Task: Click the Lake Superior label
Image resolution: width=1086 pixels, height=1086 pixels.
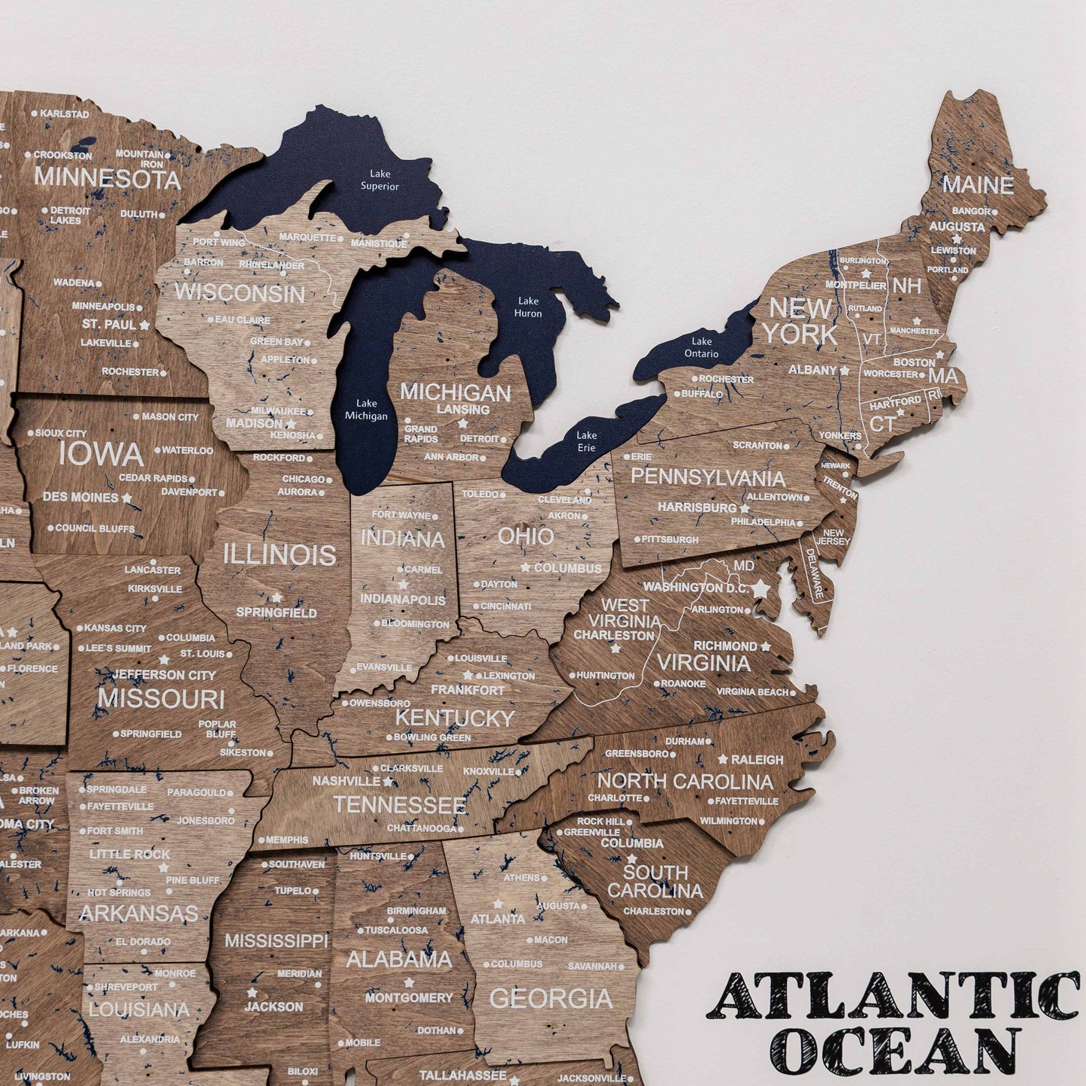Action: tap(380, 180)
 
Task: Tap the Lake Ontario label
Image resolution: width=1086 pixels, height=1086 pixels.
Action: tap(701, 347)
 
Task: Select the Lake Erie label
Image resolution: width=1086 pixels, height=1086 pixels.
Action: tap(586, 441)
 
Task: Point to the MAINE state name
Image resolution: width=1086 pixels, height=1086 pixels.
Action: tap(978, 185)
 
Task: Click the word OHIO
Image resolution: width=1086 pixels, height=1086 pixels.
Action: tap(525, 536)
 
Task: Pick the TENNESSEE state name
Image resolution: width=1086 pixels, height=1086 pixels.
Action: tap(399, 805)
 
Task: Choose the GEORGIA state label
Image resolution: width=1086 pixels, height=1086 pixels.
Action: tap(551, 998)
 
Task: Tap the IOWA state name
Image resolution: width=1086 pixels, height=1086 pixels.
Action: tap(101, 454)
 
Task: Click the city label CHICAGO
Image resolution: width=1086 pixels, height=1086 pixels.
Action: tap(303, 479)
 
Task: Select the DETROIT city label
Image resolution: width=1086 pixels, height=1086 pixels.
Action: tap(479, 438)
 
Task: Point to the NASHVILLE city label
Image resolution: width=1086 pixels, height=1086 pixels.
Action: tap(346, 782)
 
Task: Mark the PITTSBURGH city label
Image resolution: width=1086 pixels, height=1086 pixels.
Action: tap(670, 539)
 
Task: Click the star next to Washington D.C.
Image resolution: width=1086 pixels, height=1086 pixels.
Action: tap(761, 588)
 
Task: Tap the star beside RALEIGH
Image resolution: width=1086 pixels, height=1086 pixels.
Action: tap(723, 760)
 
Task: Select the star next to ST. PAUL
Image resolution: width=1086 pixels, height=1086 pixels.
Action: tap(144, 325)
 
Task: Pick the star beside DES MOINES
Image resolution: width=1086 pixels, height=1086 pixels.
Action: tap(126, 498)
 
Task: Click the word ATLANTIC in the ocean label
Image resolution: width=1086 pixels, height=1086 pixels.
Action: tap(894, 996)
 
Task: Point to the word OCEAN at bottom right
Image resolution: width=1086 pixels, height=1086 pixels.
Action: tap(898, 1050)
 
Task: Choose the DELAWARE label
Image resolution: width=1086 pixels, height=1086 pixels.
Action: tap(815, 573)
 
